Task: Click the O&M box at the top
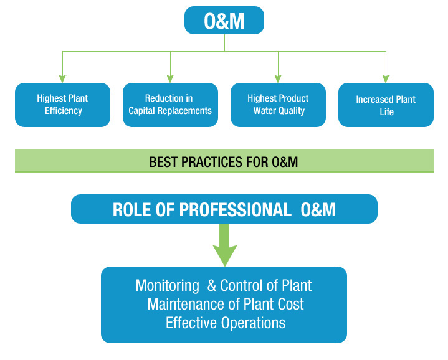[224, 21]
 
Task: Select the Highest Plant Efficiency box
[62, 105]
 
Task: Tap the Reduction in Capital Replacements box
[170, 105]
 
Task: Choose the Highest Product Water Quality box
[278, 105]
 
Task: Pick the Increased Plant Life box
[386, 105]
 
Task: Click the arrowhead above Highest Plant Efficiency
[62, 79]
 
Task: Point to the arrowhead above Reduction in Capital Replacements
[170, 79]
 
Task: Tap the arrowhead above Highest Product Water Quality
[278, 79]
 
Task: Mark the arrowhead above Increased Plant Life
[386, 79]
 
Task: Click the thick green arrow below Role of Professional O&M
[224, 245]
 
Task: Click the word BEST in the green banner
[163, 162]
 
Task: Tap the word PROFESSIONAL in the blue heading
[235, 209]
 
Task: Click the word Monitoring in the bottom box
[168, 286]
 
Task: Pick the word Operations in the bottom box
[253, 323]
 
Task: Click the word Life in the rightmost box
[386, 111]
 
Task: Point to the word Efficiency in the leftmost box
[64, 111]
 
